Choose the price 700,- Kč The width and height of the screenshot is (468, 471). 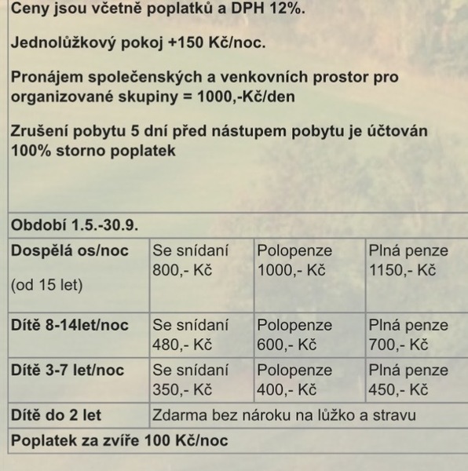click(398, 344)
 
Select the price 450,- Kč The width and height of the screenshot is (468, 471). click(398, 389)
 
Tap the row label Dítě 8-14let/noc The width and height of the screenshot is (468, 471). click(69, 325)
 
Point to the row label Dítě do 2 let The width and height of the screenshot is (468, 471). click(56, 415)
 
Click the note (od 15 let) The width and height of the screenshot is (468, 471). click(46, 286)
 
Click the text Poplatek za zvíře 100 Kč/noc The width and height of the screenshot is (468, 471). click(119, 440)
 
